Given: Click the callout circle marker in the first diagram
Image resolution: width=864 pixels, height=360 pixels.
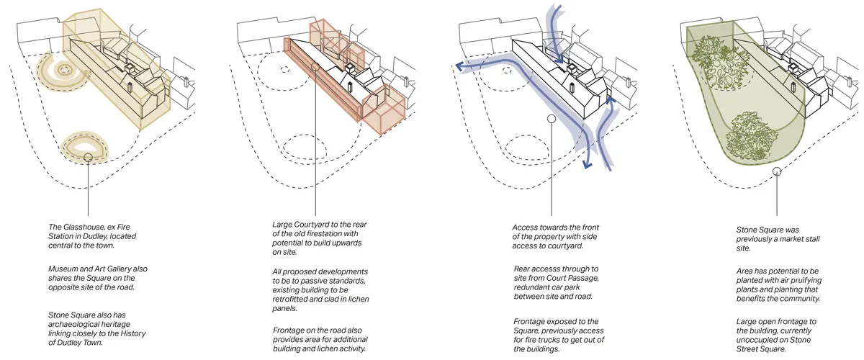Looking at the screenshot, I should click(87, 156).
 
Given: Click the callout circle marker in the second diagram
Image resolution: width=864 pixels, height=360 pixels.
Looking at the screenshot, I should click(315, 67).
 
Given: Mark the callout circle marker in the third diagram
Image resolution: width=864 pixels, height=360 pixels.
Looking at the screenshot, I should click(551, 119).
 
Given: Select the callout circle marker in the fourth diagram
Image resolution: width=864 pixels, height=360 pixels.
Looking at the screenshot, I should click(777, 171).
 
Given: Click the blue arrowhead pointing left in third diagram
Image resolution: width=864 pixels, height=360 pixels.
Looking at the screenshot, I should click(459, 66).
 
